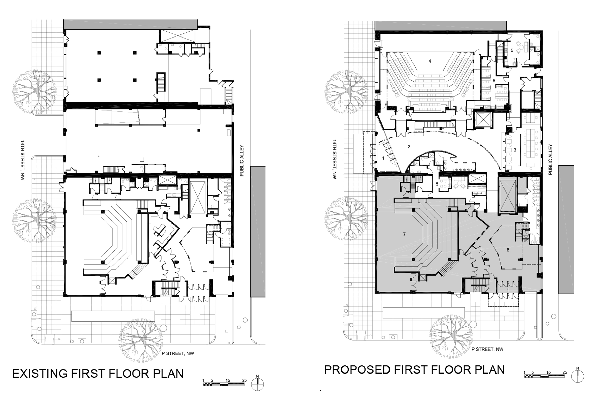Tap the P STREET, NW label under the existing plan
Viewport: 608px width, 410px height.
[178, 354]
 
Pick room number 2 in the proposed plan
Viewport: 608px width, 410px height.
[409, 147]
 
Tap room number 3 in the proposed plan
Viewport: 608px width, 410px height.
[515, 150]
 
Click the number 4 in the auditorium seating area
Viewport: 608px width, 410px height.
[430, 61]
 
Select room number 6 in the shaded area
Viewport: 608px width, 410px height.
[508, 250]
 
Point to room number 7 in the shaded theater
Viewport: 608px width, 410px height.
[404, 234]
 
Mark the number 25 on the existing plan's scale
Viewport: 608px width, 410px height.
[244, 380]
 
